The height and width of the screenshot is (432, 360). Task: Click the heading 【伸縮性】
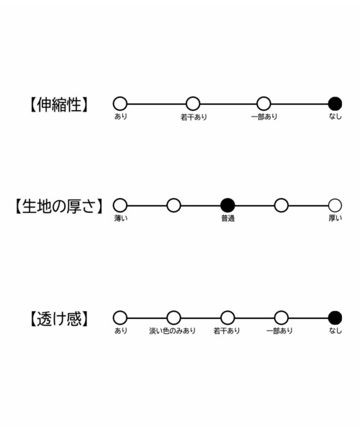coord(59,104)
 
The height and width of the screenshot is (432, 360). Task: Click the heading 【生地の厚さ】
coord(58,206)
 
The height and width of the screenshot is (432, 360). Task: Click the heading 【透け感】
coord(59,319)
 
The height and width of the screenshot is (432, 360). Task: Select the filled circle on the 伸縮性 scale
coord(335,104)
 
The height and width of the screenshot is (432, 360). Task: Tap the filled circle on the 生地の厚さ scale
coord(228,205)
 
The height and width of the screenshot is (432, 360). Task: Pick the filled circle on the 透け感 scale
coord(335,318)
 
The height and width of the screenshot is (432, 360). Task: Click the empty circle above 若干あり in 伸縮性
coord(193,104)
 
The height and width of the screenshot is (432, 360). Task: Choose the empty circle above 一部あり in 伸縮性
coord(264,104)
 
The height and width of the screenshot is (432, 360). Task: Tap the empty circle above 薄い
coord(120,205)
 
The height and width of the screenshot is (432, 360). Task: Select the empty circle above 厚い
coord(335,205)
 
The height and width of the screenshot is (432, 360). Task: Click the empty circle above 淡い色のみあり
coord(174,318)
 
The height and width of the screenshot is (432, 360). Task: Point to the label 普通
coord(228,218)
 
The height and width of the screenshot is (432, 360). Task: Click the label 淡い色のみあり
coord(172,330)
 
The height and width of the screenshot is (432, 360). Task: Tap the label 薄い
coord(121,218)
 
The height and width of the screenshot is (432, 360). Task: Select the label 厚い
coord(336,218)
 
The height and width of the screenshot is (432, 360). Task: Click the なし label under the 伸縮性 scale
coord(336,117)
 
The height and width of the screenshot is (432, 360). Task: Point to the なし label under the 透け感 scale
coord(336,330)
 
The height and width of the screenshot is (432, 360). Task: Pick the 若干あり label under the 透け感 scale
coord(227,330)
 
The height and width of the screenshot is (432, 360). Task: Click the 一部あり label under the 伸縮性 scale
coord(264,117)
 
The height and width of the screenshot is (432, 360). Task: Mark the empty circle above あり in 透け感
coord(120,318)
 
